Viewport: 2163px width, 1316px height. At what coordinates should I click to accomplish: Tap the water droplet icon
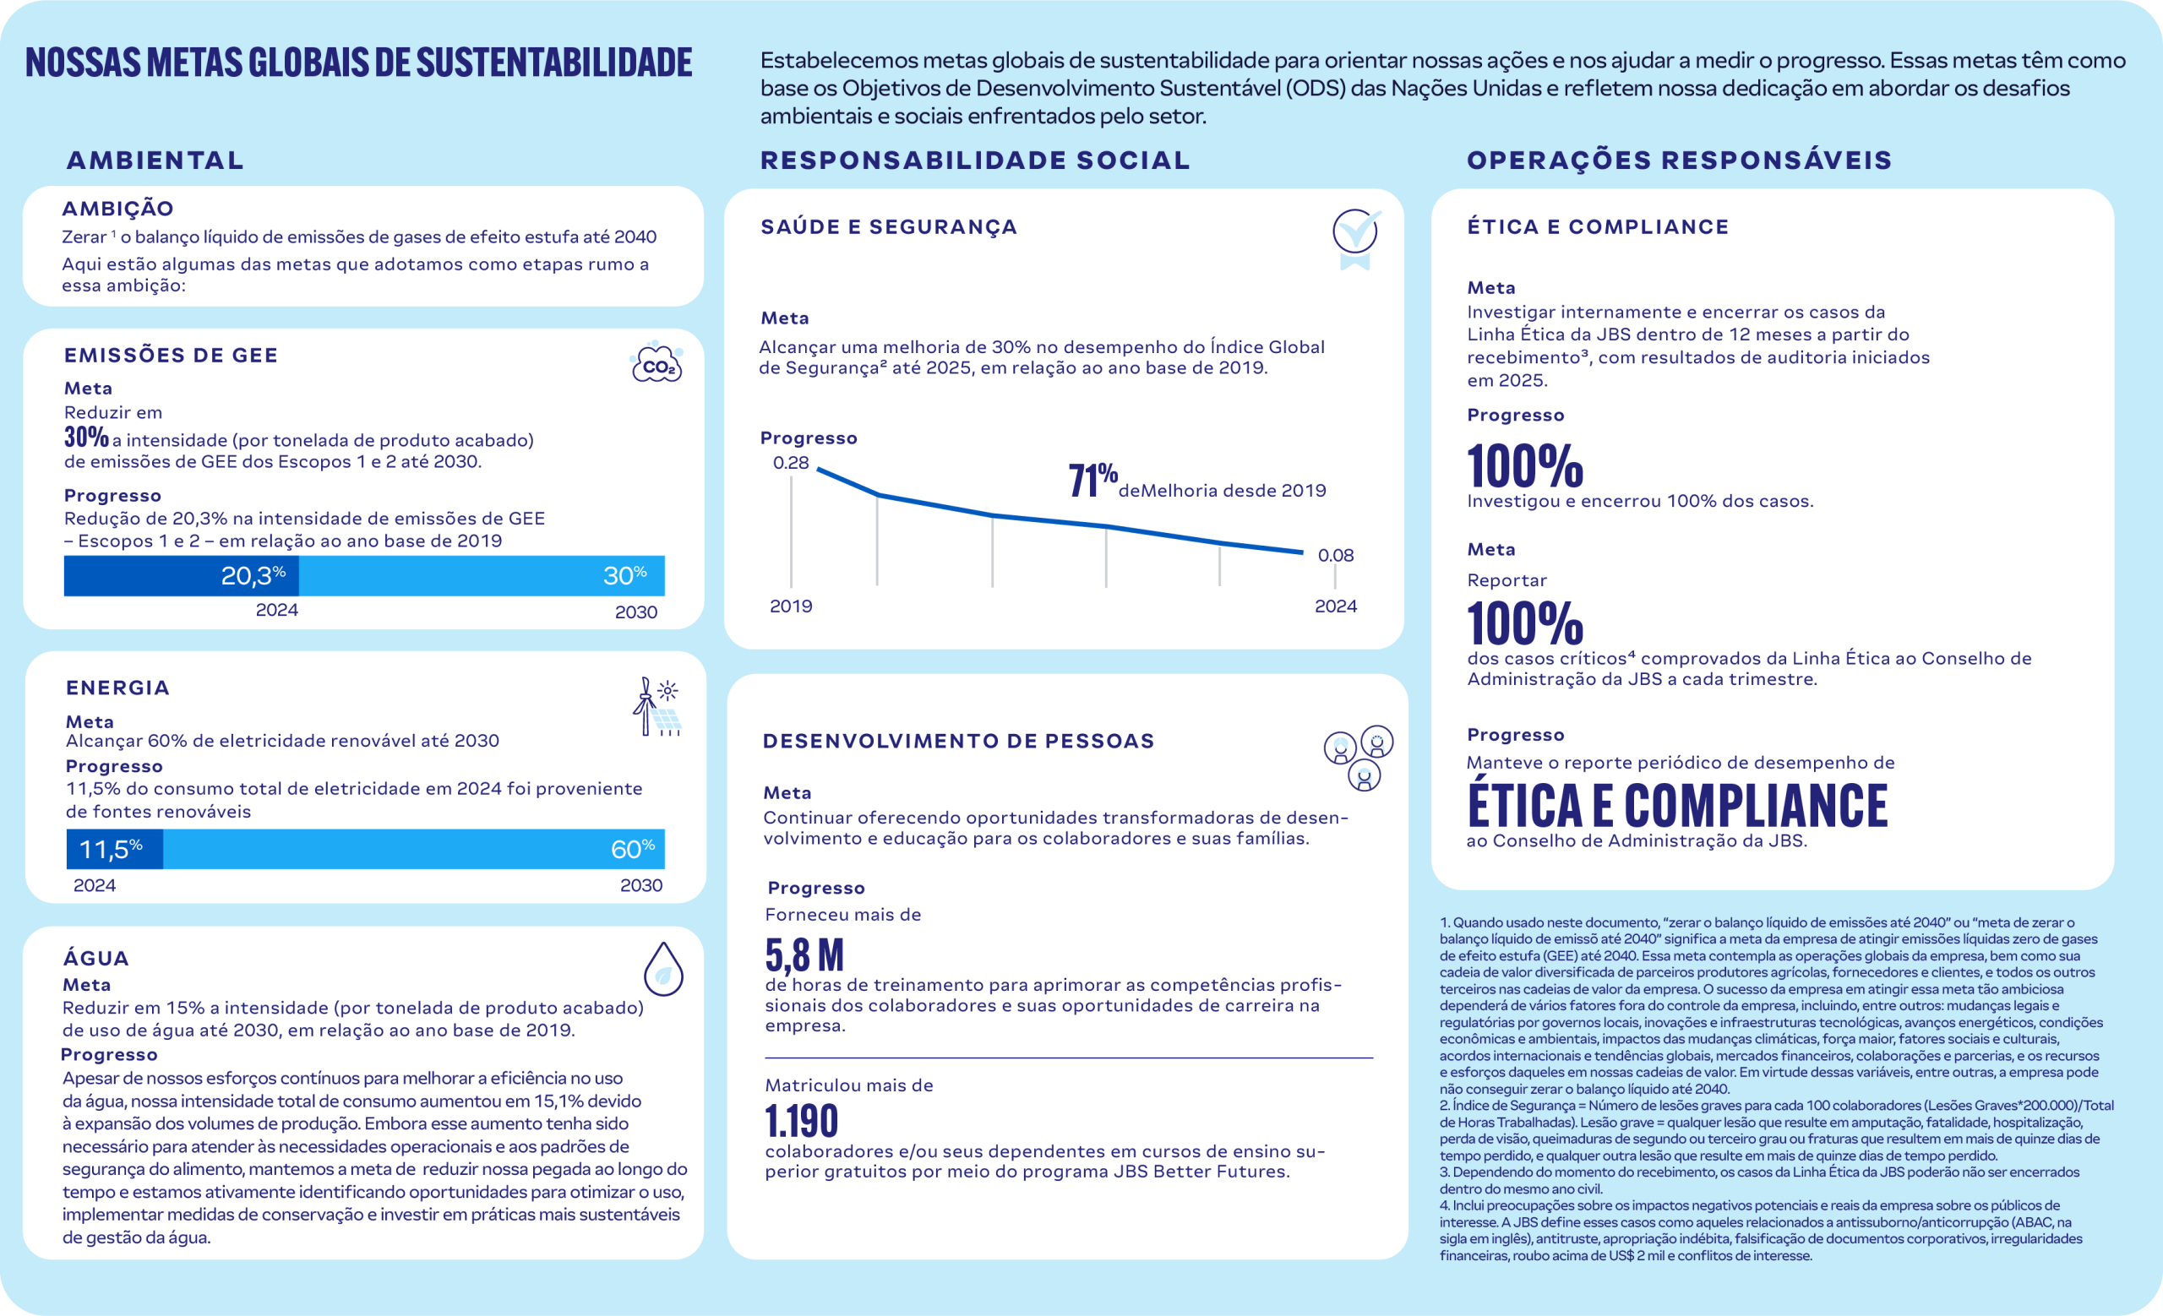click(663, 970)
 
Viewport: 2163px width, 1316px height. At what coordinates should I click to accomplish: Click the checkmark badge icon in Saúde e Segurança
click(1355, 237)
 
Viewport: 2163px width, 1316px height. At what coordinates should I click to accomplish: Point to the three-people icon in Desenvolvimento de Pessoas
click(1358, 757)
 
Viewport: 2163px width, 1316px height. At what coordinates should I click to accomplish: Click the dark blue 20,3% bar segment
click(182, 575)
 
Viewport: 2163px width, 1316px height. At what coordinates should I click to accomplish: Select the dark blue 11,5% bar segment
click(114, 849)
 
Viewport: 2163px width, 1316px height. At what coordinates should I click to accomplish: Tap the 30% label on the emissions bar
click(624, 575)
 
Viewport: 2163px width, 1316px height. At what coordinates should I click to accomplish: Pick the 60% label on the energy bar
click(632, 849)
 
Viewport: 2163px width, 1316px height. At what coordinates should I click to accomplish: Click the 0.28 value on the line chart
click(790, 463)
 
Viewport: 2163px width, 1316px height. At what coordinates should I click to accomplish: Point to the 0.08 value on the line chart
click(1335, 555)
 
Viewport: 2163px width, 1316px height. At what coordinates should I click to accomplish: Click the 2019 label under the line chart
click(791, 606)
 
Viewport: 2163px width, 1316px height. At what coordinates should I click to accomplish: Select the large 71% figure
click(1092, 480)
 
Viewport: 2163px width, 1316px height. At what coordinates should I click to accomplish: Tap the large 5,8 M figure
click(804, 954)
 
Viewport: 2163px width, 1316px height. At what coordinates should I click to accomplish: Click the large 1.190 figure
click(802, 1120)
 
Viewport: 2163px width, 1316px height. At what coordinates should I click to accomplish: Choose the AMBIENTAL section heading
click(155, 160)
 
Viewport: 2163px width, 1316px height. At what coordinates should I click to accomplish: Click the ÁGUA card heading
click(95, 958)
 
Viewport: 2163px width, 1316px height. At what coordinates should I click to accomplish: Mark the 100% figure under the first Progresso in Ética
click(1525, 466)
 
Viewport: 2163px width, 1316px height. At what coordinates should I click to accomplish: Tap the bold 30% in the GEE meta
click(86, 437)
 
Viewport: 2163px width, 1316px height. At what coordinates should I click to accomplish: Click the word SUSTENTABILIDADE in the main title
click(554, 63)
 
